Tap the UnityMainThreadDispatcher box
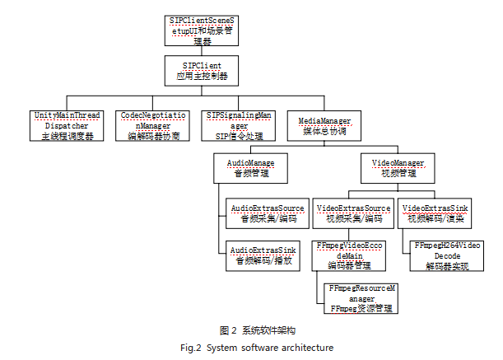tap(68, 125)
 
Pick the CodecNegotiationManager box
tap(152, 125)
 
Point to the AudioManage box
tap(249, 168)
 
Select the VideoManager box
tap(394, 168)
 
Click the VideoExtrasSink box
tap(435, 213)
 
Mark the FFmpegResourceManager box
tap(360, 297)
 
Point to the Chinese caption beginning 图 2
tap(251, 331)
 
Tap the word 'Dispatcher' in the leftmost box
tap(68, 125)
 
